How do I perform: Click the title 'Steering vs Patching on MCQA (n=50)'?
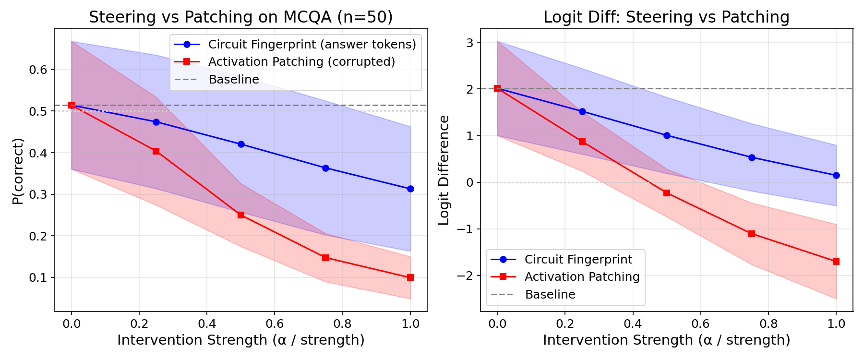240,17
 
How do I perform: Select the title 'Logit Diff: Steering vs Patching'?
666,17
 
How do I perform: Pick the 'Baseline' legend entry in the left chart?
234,80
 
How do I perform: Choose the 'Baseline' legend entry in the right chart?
550,295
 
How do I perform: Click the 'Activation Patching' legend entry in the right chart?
582,277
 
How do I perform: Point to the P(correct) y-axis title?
18,171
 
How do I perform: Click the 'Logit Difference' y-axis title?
444,170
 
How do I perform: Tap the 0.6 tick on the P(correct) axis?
38,70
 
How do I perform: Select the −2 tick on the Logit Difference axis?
465,276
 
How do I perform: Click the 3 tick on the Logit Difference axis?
469,43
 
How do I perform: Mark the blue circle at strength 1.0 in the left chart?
410,189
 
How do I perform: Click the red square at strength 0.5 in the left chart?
241,215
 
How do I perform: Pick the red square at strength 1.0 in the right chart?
836,262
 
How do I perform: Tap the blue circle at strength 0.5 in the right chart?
667,136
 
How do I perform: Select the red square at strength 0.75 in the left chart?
325,258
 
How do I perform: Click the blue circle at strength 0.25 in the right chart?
582,111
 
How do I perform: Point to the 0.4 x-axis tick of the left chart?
207,324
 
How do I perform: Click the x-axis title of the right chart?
666,340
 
